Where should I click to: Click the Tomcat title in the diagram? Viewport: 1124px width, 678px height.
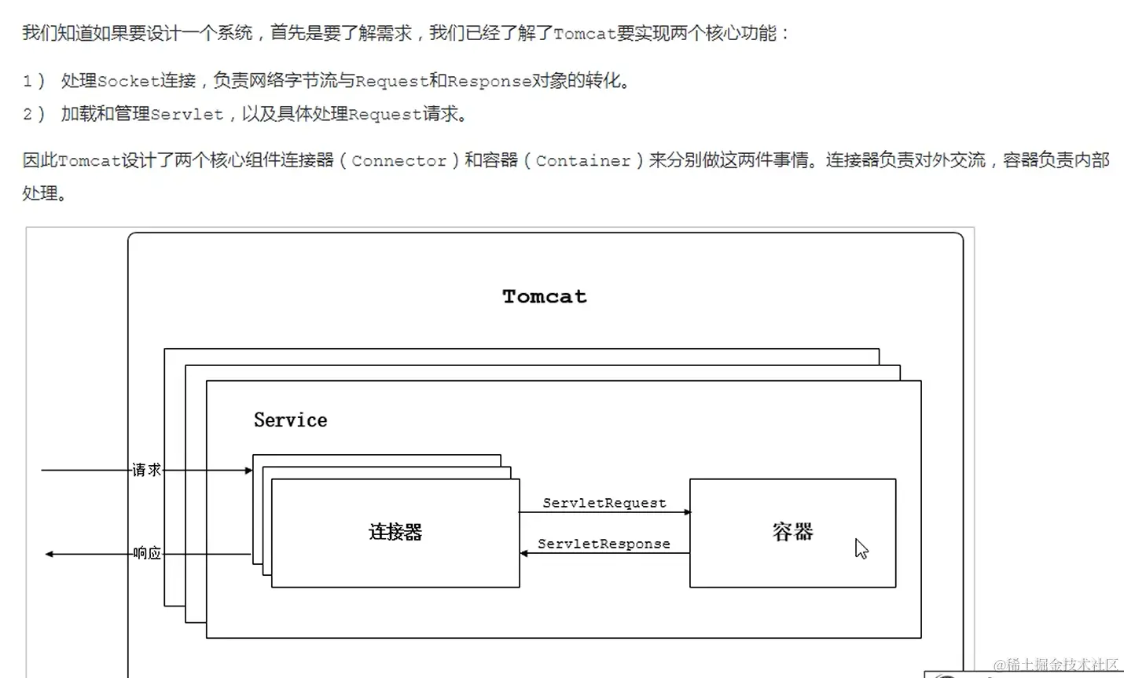point(544,297)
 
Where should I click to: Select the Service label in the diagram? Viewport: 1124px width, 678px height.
point(290,420)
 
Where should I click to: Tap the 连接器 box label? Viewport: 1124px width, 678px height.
point(395,533)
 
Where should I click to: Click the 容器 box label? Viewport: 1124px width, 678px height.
point(792,533)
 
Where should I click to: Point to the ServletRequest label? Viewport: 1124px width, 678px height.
point(604,503)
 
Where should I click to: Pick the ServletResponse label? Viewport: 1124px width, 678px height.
point(604,544)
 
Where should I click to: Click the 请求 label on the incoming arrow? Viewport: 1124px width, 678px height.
point(147,470)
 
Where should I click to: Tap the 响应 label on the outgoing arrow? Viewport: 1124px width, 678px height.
point(147,553)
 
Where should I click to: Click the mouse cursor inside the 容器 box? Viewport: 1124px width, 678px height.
point(861,548)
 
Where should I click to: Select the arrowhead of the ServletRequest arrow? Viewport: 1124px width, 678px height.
point(687,512)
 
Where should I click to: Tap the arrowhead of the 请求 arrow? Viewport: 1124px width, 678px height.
point(248,471)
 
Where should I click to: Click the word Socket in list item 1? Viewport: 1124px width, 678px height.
point(129,81)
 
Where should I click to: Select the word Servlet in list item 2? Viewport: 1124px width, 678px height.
point(186,115)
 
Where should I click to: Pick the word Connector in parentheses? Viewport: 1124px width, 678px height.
point(399,161)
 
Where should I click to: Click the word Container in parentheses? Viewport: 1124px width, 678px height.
point(583,161)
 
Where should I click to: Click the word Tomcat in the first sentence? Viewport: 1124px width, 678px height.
point(585,34)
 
